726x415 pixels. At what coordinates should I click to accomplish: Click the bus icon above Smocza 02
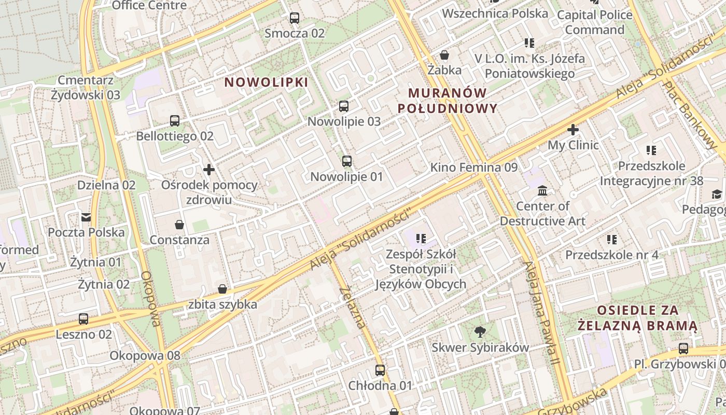pos(295,18)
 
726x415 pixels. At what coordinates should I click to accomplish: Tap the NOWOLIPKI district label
pos(266,82)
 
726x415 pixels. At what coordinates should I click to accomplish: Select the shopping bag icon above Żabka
pos(444,55)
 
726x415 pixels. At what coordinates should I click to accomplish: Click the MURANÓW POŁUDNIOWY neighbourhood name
pos(447,101)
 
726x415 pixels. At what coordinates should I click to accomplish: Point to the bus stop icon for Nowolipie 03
pos(344,106)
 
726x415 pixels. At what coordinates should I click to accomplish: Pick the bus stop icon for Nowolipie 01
pos(346,161)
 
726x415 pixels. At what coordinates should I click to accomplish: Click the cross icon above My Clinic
pos(573,130)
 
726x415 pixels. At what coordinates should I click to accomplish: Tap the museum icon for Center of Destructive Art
pos(542,191)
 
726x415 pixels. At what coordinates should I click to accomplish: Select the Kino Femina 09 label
pos(474,168)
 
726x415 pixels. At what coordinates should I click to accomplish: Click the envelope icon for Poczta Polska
pos(86,217)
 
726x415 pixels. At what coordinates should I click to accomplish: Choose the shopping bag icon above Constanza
pos(179,225)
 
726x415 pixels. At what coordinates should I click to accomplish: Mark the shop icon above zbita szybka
pos(222,289)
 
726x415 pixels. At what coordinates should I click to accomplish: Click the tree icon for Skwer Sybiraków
pos(480,332)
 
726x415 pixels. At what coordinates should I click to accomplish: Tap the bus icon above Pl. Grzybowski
pos(683,349)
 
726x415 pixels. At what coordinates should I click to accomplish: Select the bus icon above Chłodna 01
pos(380,370)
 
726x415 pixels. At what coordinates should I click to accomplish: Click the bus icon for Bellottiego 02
pos(175,121)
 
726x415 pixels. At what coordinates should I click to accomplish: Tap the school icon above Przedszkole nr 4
pos(612,240)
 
